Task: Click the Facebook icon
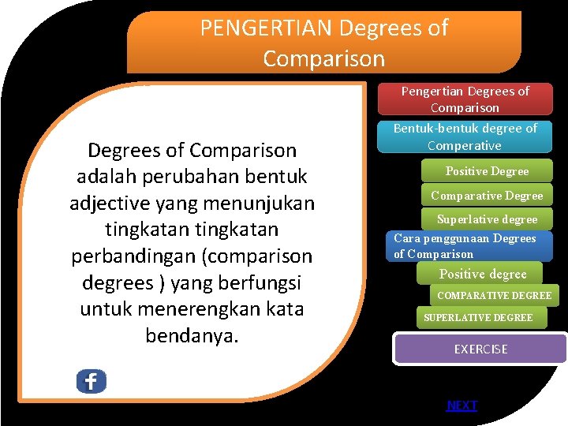coord(91,381)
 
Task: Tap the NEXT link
coord(461,405)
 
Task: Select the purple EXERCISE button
coord(480,349)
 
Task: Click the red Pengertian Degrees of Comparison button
coord(465,99)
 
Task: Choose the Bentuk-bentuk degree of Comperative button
coord(465,136)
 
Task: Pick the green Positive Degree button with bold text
coord(487,171)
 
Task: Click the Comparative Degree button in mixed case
coord(487,196)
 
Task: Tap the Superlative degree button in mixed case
coord(487,219)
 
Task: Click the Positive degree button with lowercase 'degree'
coord(482,274)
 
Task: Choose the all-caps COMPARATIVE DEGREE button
coord(494,296)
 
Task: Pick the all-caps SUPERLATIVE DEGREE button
coord(478,317)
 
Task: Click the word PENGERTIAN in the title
coord(266,28)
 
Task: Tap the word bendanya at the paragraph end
coord(192,335)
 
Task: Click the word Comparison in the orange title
coord(323,59)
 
